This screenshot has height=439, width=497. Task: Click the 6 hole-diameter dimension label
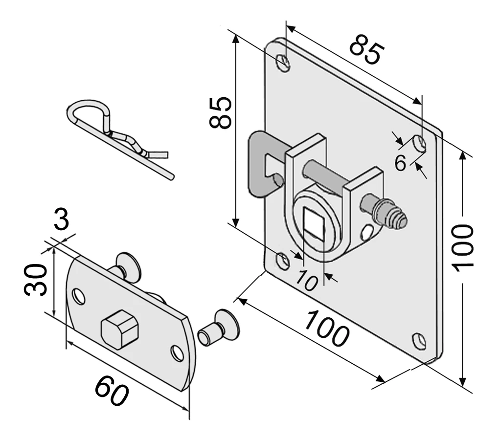pyautogui.click(x=400, y=163)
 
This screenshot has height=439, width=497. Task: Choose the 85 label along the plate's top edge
pyautogui.click(x=367, y=48)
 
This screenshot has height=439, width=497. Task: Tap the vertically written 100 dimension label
pyautogui.click(x=463, y=246)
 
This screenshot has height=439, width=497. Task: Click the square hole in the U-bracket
pyautogui.click(x=315, y=223)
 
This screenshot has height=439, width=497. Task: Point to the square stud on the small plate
pyautogui.click(x=119, y=329)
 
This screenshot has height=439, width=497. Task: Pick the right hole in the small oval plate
pyautogui.click(x=177, y=352)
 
